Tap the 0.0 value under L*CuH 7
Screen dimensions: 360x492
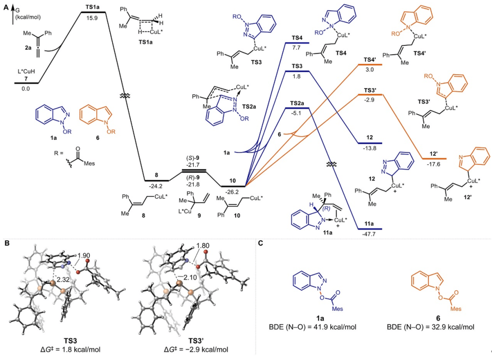coord(26,89)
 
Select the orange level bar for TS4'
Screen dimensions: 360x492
coord(369,65)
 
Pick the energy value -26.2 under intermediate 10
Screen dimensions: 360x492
coord(232,192)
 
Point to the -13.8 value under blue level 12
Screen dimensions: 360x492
coord(369,149)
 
